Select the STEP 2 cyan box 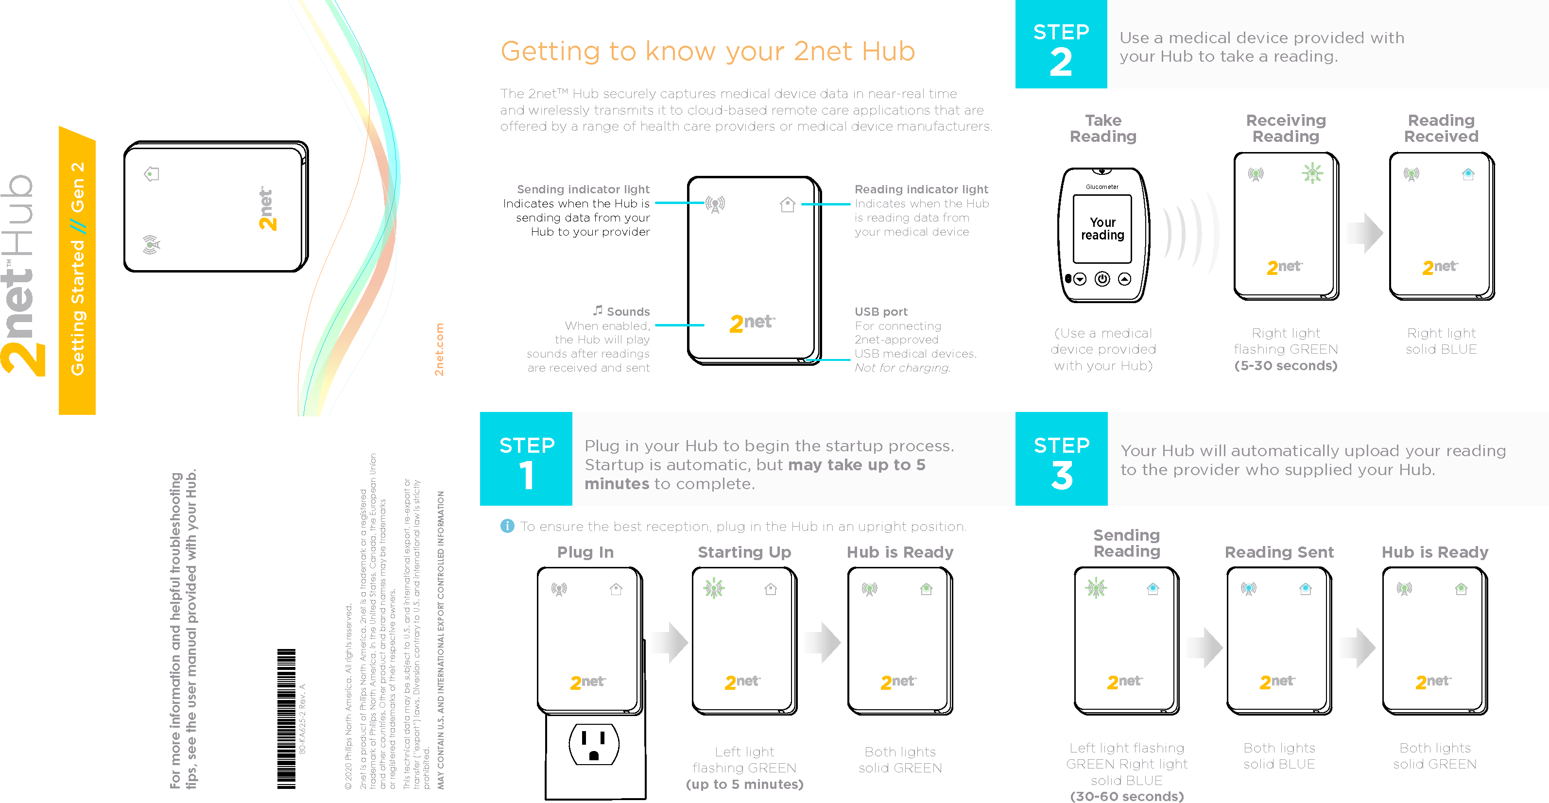(1061, 45)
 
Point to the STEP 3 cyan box (1061, 459)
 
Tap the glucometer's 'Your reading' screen (1102, 228)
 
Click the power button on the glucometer (1102, 279)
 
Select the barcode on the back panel (286, 718)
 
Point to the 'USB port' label (881, 311)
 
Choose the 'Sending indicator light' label (583, 189)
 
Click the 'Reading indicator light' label (921, 189)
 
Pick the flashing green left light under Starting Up (714, 588)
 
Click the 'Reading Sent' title (1279, 552)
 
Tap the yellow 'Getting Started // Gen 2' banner (77, 271)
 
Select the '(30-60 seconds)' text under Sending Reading (1126, 796)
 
